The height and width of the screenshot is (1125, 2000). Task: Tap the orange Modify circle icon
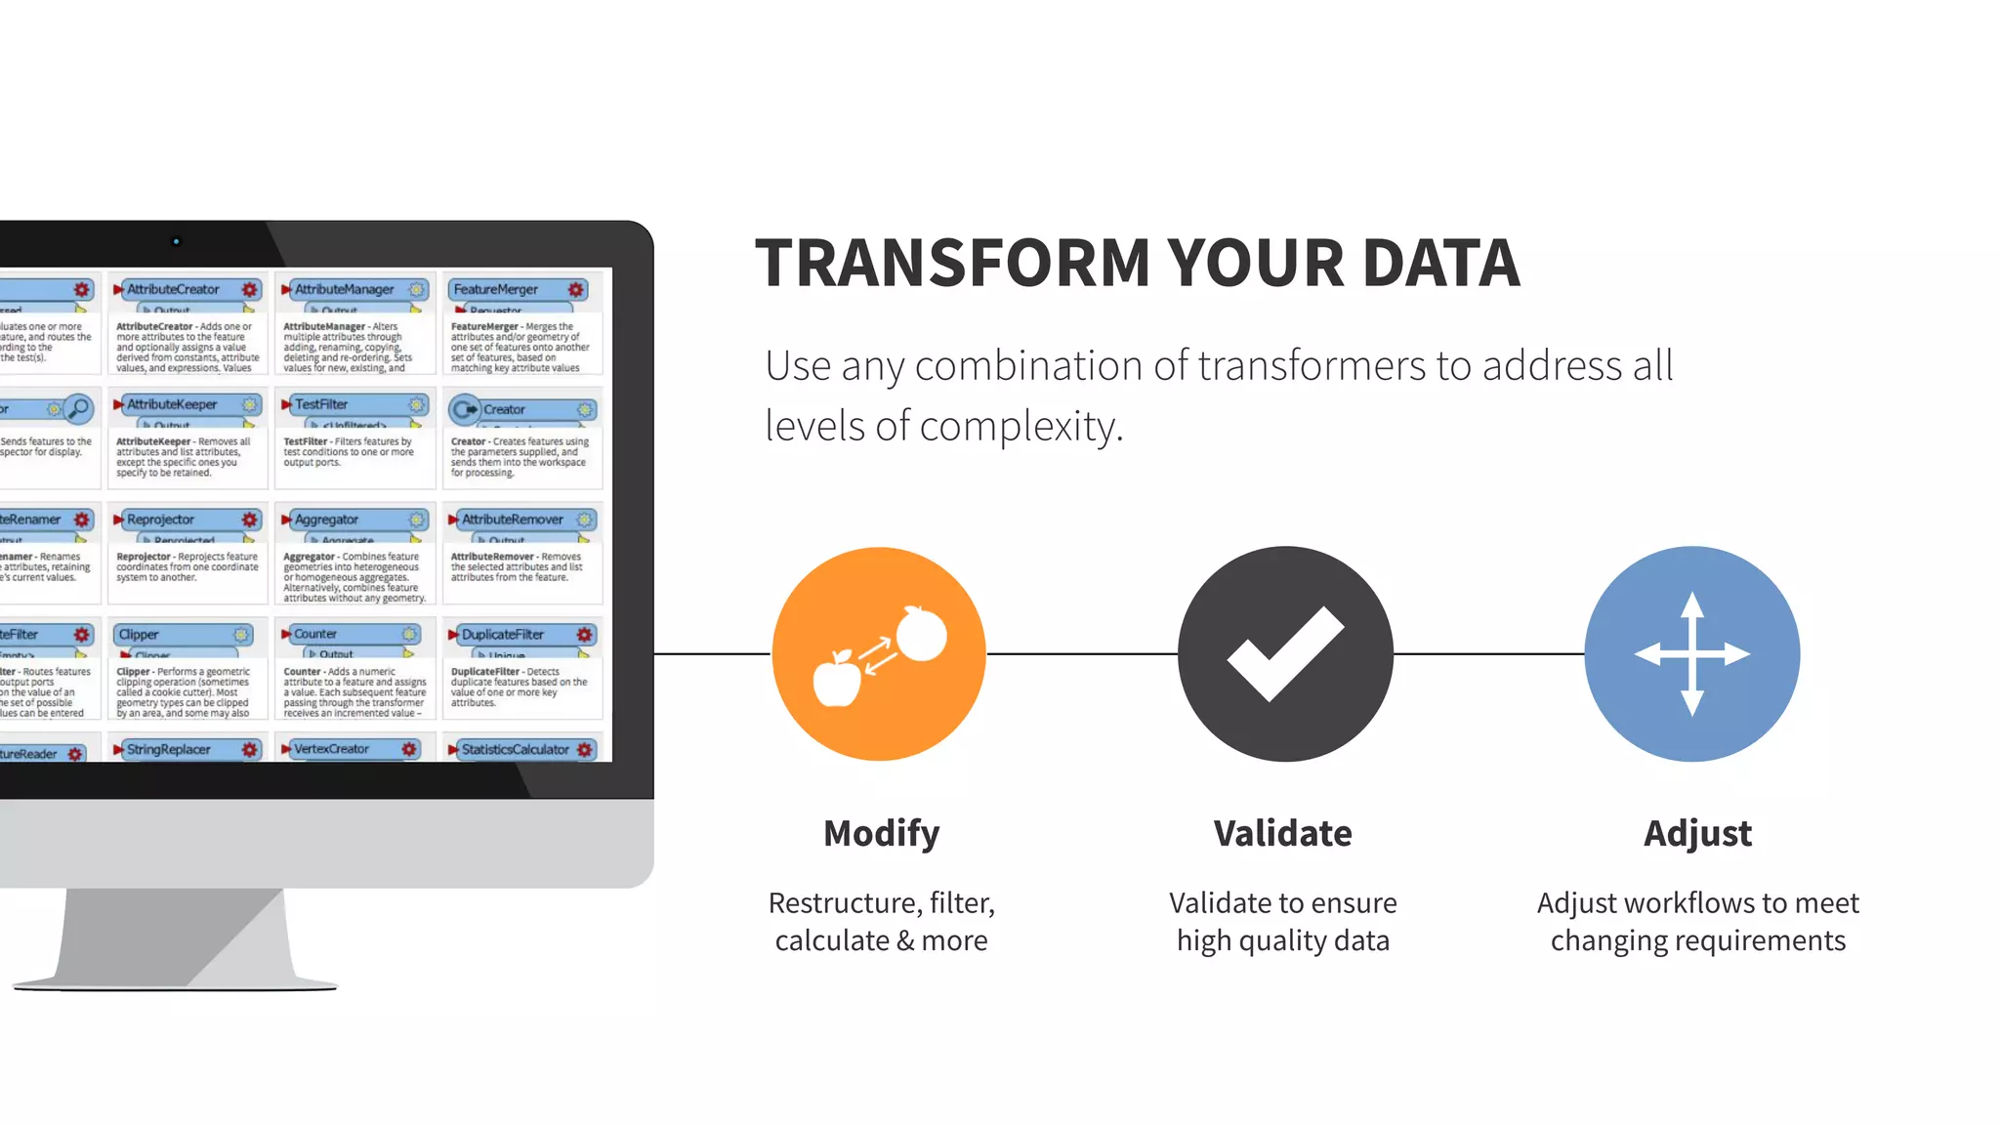[879, 653]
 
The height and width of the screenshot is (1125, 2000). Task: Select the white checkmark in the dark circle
[1285, 653]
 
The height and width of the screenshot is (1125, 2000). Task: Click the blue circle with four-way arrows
[1691, 653]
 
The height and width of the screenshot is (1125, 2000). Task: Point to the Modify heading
[881, 833]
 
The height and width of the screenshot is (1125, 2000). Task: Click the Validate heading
[1282, 833]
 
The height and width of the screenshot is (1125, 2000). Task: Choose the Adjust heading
[1697, 833]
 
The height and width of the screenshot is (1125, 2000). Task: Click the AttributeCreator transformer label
[173, 289]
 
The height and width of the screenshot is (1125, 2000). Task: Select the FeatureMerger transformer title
[495, 289]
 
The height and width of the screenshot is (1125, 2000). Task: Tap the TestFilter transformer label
[321, 404]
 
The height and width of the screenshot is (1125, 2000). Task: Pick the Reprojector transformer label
[160, 520]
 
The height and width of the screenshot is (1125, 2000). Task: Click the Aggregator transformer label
[326, 520]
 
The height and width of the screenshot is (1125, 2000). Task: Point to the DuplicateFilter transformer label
[502, 635]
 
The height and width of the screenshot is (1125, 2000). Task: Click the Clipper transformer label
[139, 635]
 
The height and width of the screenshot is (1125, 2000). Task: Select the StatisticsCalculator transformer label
[515, 749]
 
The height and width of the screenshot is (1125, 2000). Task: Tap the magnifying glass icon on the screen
[79, 407]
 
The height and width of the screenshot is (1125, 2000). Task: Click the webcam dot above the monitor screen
[176, 241]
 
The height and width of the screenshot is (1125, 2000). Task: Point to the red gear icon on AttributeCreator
[250, 289]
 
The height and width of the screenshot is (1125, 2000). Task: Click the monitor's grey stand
[176, 937]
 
